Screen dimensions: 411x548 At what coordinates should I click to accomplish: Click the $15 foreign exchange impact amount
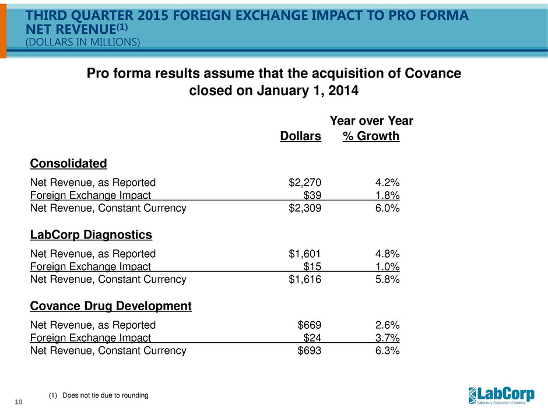[x=312, y=266]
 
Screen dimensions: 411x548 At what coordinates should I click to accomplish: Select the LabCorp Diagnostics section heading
[x=91, y=235]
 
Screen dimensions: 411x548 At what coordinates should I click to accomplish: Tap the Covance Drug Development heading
[x=111, y=306]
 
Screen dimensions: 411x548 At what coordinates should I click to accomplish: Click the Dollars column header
[x=301, y=136]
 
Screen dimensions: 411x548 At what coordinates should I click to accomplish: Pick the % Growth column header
[x=371, y=136]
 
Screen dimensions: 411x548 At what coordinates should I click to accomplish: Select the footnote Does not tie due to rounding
[x=99, y=396]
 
